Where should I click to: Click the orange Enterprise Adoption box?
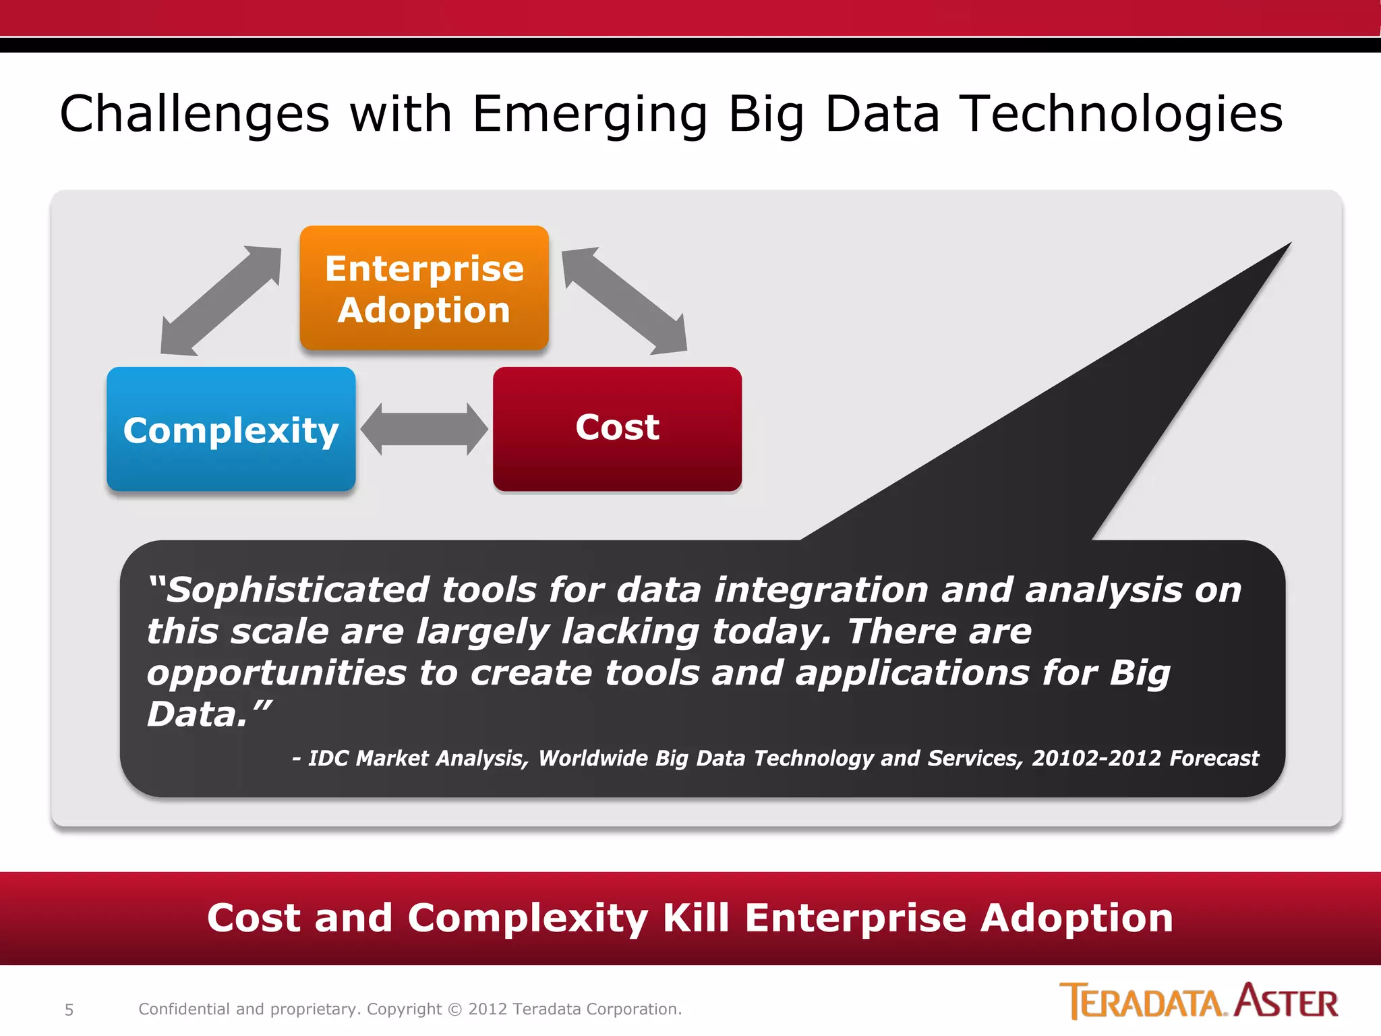tap(424, 289)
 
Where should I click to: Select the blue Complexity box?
tap(231, 430)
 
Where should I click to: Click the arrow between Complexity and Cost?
tap(424, 430)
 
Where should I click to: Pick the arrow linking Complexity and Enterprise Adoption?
tap(221, 301)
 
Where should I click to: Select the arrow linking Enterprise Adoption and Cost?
tap(624, 301)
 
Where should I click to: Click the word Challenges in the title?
tap(195, 114)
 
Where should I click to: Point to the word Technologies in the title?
tap(1121, 114)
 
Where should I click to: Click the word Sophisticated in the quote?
tap(297, 590)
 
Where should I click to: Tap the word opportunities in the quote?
tap(276, 673)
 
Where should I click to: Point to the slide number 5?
tap(69, 1010)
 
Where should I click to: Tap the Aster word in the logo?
tap(1287, 1002)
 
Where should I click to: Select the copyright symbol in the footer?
tap(455, 1010)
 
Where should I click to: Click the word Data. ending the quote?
tap(197, 715)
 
